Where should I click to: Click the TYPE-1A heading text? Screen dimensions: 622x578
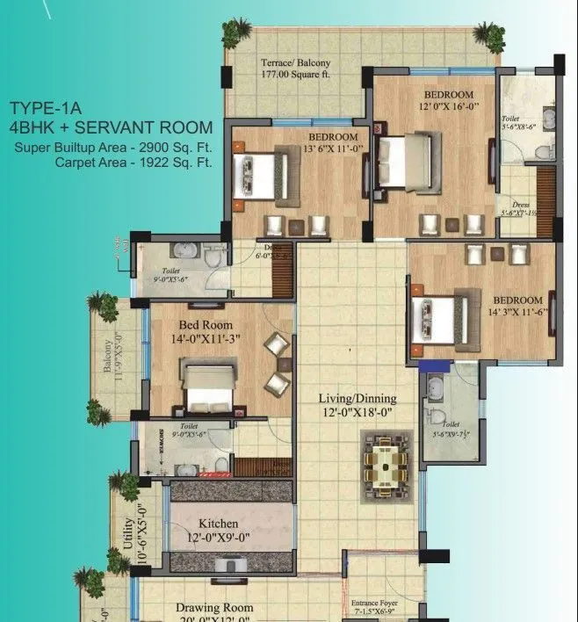(x=47, y=109)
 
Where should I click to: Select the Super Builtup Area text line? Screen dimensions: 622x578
(x=113, y=146)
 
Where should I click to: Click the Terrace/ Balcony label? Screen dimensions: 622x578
(x=295, y=63)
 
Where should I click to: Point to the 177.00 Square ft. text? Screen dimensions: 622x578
(x=295, y=76)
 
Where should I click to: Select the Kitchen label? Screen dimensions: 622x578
(x=218, y=524)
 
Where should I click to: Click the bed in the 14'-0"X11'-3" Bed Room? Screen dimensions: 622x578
(x=208, y=387)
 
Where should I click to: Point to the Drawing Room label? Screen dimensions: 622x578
(x=214, y=607)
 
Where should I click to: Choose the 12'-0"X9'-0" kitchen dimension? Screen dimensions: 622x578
(x=218, y=539)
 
